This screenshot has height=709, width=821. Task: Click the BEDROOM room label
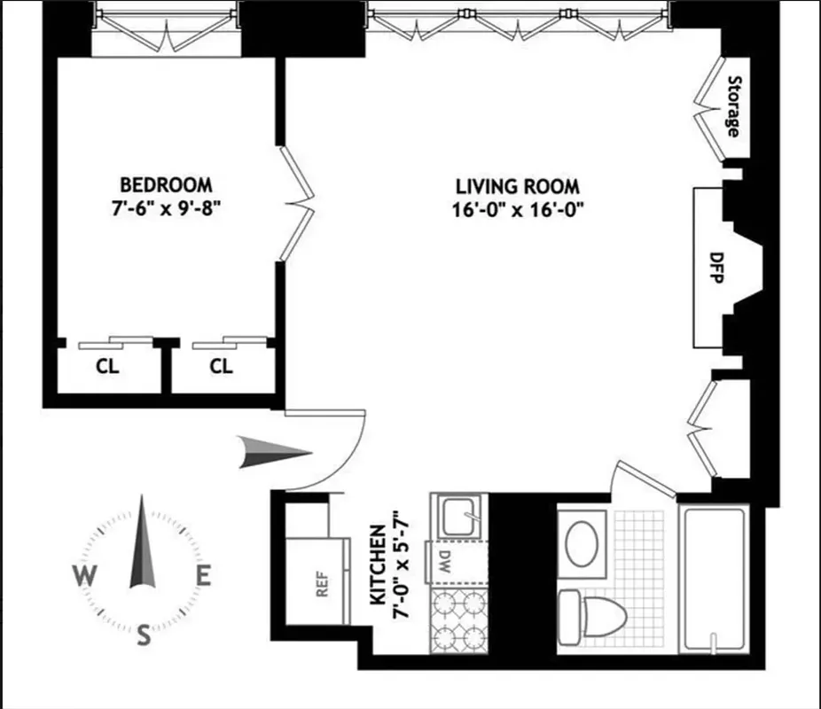[x=166, y=185]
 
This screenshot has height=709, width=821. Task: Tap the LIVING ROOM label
[x=518, y=187]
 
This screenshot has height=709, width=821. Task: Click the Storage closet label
[x=733, y=106]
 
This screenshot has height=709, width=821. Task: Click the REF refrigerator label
[x=323, y=588]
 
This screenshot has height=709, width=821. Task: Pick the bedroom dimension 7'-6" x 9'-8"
[x=166, y=210]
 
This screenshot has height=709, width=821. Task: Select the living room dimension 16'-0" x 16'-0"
[x=518, y=211]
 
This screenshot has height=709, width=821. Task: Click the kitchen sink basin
[x=458, y=513]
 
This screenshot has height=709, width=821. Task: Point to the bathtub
[x=714, y=577]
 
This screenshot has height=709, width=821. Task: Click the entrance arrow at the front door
[x=274, y=454]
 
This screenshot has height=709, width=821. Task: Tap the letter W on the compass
[x=85, y=577]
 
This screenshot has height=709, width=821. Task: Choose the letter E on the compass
[x=203, y=577]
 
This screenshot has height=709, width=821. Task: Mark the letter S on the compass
[x=144, y=635]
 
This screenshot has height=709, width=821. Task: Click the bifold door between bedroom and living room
[x=297, y=205]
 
